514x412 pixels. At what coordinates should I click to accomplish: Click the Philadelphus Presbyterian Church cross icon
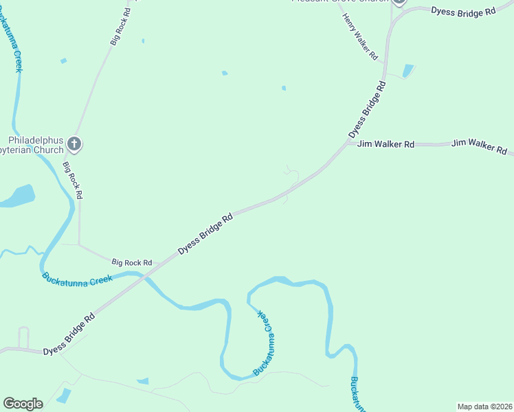pyautogui.click(x=75, y=145)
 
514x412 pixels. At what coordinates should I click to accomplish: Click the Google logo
pyautogui.click(x=23, y=404)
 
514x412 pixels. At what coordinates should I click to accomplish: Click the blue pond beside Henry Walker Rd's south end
pyautogui.click(x=408, y=70)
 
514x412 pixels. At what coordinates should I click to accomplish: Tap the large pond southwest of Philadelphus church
pyautogui.click(x=17, y=196)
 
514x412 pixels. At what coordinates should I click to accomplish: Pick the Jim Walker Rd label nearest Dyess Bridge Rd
pyautogui.click(x=385, y=144)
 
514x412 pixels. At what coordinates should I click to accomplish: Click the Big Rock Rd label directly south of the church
pyautogui.click(x=72, y=180)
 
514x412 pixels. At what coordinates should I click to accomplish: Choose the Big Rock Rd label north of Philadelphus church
pyautogui.click(x=120, y=27)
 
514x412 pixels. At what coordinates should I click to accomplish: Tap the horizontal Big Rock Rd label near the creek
pyautogui.click(x=131, y=262)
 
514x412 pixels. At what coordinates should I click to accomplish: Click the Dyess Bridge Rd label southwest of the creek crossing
pyautogui.click(x=69, y=334)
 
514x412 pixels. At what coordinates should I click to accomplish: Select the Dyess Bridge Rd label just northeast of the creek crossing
pyautogui.click(x=205, y=234)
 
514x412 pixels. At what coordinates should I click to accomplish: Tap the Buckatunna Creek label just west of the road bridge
pyautogui.click(x=77, y=279)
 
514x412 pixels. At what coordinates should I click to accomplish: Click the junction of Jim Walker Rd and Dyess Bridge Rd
pyautogui.click(x=347, y=144)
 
